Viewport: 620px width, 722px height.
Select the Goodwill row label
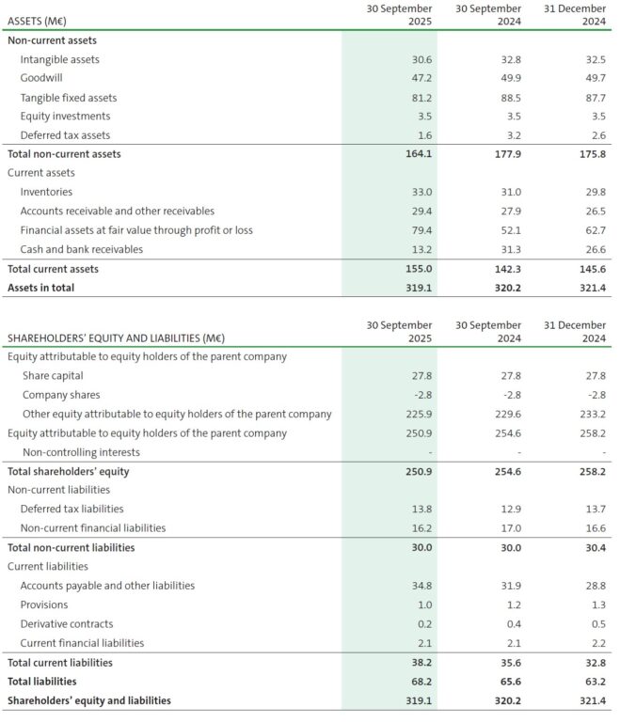click(41, 78)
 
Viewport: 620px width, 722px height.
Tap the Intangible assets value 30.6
click(418, 59)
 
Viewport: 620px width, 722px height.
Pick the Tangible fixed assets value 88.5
click(507, 98)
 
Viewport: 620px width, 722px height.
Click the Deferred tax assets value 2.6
click(596, 135)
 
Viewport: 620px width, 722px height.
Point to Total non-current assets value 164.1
click(416, 154)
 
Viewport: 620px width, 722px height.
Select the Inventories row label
click(46, 192)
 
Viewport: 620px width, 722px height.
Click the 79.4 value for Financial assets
click(418, 230)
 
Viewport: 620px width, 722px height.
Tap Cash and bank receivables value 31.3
click(507, 249)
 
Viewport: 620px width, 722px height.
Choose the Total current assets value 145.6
click(593, 269)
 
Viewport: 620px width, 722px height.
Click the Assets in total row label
click(40, 288)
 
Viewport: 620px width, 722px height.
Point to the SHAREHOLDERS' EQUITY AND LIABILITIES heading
click(116, 337)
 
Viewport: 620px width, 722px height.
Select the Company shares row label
click(61, 395)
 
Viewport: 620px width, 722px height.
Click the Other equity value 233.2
click(593, 414)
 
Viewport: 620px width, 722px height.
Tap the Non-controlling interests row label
click(73, 452)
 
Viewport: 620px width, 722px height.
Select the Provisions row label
click(43, 604)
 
